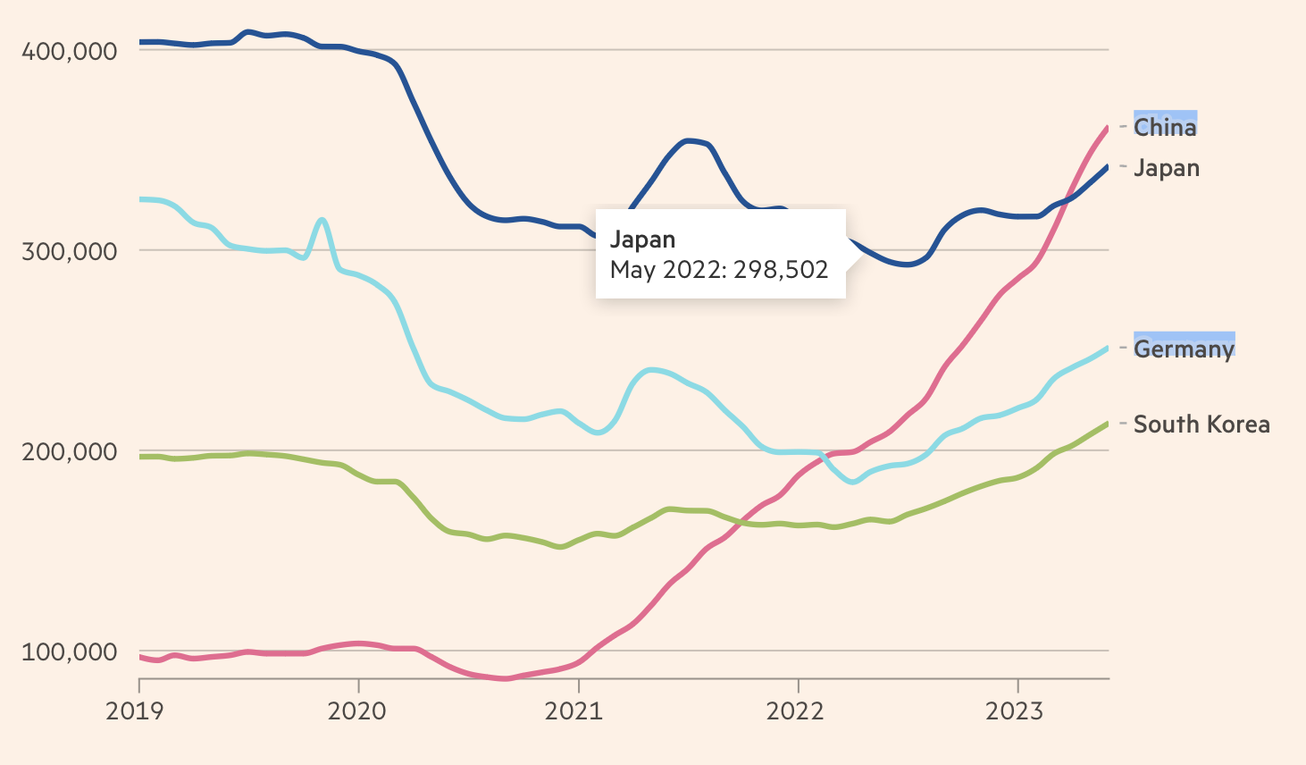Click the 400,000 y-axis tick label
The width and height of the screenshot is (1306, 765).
[69, 51]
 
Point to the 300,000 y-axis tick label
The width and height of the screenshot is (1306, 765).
[69, 251]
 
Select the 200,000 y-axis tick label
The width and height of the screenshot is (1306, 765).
[69, 451]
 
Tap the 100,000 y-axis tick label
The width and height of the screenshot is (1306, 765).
[69, 652]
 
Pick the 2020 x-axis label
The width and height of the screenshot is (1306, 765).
[357, 711]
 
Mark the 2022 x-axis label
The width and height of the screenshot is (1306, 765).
[795, 711]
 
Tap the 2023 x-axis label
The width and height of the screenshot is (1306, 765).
[1014, 711]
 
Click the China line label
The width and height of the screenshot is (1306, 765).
[1165, 127]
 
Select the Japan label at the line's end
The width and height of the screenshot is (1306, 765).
[1167, 168]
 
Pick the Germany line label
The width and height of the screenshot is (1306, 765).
[1184, 348]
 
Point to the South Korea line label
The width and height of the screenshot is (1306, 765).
[1201, 424]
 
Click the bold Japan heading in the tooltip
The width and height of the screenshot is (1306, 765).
[642, 240]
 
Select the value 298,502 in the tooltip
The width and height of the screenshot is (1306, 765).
[791, 270]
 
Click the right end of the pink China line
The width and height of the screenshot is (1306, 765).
[1108, 129]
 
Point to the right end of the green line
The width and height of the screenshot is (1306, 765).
[1108, 424]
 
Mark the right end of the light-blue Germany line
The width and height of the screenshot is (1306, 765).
[1108, 348]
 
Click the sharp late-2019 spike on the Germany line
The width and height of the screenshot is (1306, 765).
[322, 220]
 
